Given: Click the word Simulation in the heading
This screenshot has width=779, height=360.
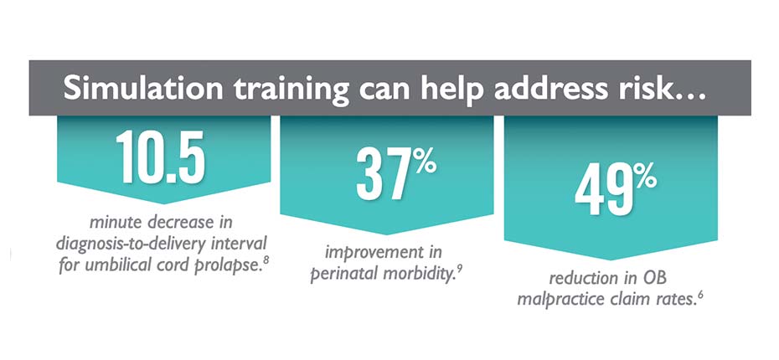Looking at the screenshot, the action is coord(143,89).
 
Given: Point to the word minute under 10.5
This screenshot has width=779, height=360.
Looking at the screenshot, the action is coord(116,222).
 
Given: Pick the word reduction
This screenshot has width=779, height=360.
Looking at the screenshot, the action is coord(568,279).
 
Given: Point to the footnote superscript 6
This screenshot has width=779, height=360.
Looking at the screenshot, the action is coord(700,296).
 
